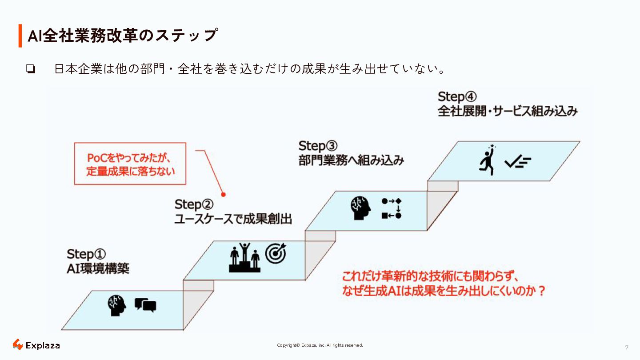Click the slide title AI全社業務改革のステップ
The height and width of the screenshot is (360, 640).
[x=123, y=36]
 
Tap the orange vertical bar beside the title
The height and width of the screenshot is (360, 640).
[x=20, y=36]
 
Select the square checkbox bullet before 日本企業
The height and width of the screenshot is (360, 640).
[x=31, y=69]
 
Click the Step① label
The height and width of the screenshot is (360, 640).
[x=86, y=254]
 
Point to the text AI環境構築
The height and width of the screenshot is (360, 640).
[x=98, y=268]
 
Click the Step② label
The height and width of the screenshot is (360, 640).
[x=194, y=204]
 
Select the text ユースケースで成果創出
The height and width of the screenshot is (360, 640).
[x=233, y=219]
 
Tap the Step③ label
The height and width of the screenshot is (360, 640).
[x=318, y=146]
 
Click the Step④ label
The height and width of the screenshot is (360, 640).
[x=457, y=96]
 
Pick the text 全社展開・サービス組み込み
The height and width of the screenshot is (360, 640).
[x=508, y=111]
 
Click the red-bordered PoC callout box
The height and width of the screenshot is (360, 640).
[x=130, y=164]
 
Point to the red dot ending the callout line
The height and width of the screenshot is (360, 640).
[x=224, y=194]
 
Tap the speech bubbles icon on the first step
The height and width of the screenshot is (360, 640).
[x=145, y=305]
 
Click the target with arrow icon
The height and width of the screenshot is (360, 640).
[x=276, y=253]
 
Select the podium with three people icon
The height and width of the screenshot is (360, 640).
[x=244, y=257]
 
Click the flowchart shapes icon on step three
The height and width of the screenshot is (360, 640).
[x=391, y=208]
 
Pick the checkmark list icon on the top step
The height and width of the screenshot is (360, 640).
[x=518, y=163]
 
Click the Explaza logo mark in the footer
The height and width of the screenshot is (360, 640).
[x=18, y=345]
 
